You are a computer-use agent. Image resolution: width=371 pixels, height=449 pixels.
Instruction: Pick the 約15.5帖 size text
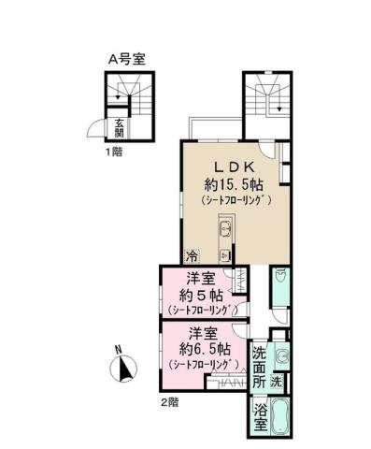(234, 182)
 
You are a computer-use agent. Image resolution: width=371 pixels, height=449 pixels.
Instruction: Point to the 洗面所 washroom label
(260, 369)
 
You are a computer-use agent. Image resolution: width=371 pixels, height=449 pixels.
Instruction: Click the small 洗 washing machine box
(277, 382)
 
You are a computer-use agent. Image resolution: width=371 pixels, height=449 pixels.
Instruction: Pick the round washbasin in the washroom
(281, 355)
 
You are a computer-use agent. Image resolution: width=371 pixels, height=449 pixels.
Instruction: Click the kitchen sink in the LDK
(225, 228)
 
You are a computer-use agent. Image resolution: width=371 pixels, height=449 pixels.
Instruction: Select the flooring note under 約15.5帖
(235, 200)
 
